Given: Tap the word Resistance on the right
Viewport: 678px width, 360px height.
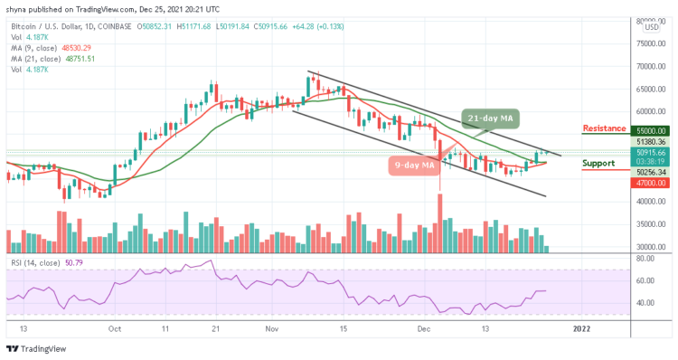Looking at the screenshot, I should pyautogui.click(x=605, y=128).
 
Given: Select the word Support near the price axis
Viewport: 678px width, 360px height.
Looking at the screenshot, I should pyautogui.click(x=598, y=164).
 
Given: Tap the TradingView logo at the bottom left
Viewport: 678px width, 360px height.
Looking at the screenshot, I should pyautogui.click(x=36, y=350).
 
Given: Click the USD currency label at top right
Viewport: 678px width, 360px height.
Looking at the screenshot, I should pyautogui.click(x=649, y=28).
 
